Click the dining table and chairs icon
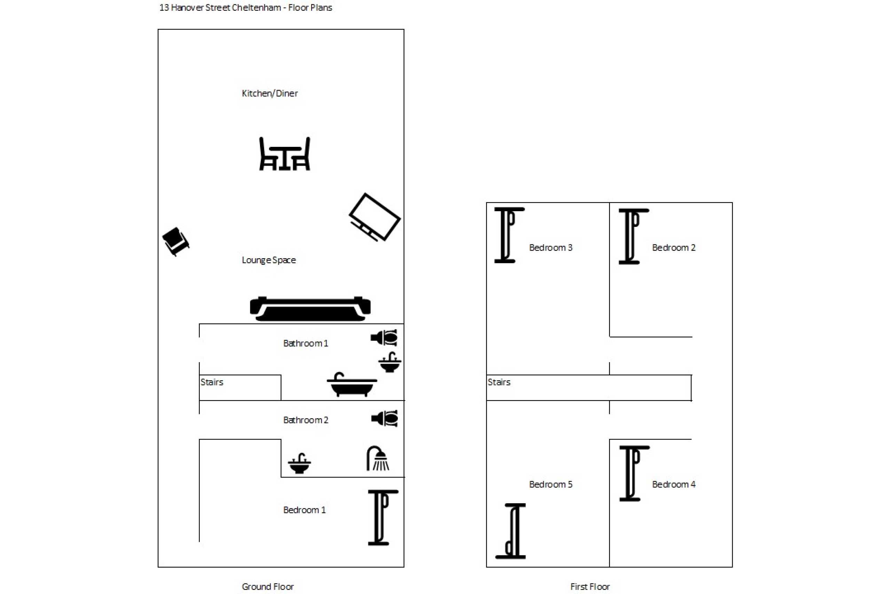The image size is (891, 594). [x=284, y=154]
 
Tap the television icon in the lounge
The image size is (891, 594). [x=374, y=217]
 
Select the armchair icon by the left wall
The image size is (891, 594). [x=176, y=241]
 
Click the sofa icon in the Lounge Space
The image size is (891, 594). [x=310, y=309]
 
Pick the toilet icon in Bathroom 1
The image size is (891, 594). [x=384, y=338]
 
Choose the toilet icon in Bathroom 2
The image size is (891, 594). [x=385, y=419]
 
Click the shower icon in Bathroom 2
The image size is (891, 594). [x=378, y=458]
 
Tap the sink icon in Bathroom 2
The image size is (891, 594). [x=299, y=463]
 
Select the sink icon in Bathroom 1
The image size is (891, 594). [x=389, y=362]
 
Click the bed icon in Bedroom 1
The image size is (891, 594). [x=383, y=518]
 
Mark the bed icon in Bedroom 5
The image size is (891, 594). [x=511, y=531]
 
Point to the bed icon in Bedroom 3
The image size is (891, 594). [x=509, y=235]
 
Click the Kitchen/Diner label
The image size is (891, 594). [x=270, y=93]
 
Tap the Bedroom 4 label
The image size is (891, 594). [x=673, y=484]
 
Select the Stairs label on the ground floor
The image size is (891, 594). [x=212, y=382]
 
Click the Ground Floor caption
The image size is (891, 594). [x=268, y=586]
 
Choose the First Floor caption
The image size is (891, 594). [x=590, y=586]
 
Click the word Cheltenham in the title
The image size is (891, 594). [x=256, y=8]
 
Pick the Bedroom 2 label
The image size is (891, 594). [x=673, y=247]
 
